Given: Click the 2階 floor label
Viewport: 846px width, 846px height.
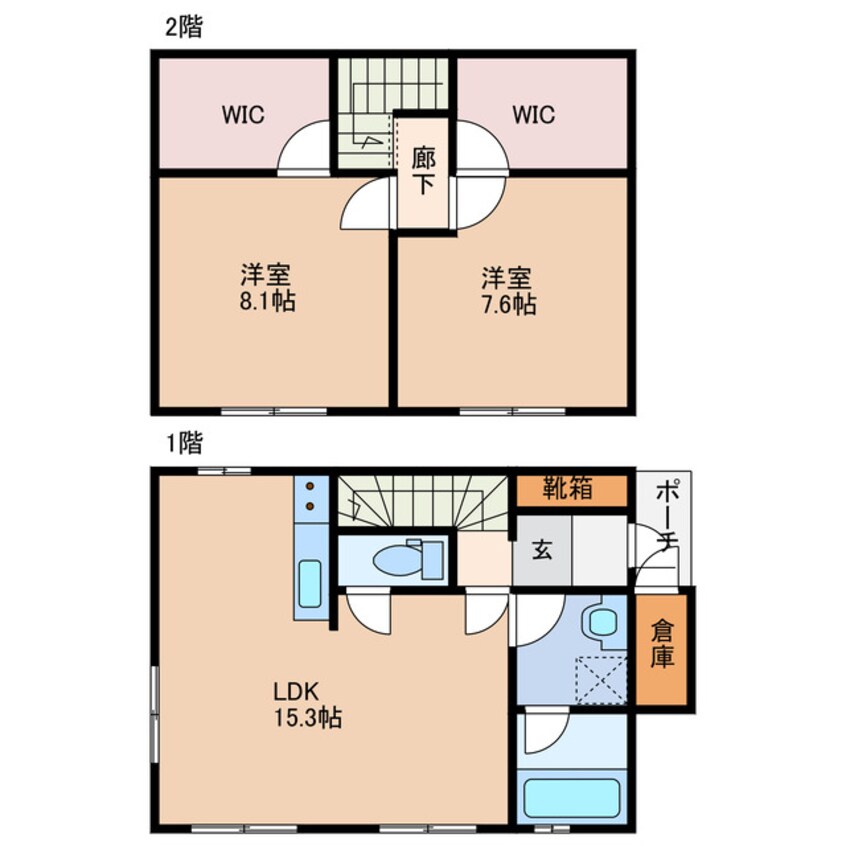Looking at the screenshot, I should pyautogui.click(x=183, y=28).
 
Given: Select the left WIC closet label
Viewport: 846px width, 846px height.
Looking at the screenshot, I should pyautogui.click(x=243, y=114).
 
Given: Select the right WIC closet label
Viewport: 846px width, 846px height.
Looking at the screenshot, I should pyautogui.click(x=533, y=114).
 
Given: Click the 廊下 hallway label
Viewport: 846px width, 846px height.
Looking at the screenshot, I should pyautogui.click(x=424, y=171).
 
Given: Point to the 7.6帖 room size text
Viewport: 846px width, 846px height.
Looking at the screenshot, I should pyautogui.click(x=508, y=303).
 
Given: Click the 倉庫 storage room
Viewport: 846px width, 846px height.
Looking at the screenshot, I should pyautogui.click(x=663, y=647).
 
